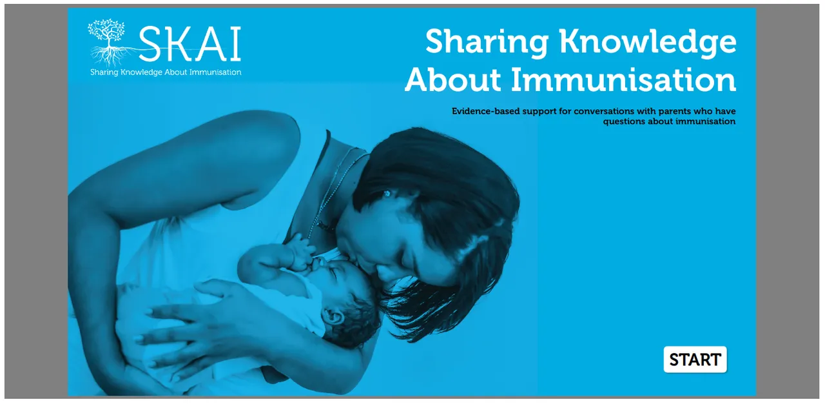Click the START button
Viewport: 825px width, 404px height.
coord(695,359)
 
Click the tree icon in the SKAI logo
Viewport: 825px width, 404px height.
coord(108,42)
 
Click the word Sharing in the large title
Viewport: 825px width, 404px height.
coord(487,42)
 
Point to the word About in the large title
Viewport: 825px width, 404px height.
coord(453,79)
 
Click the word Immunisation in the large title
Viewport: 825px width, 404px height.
coord(623,79)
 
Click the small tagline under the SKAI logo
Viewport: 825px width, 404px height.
coord(166,72)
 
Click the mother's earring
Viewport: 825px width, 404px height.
coord(387,193)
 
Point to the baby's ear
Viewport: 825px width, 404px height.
coord(333,316)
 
